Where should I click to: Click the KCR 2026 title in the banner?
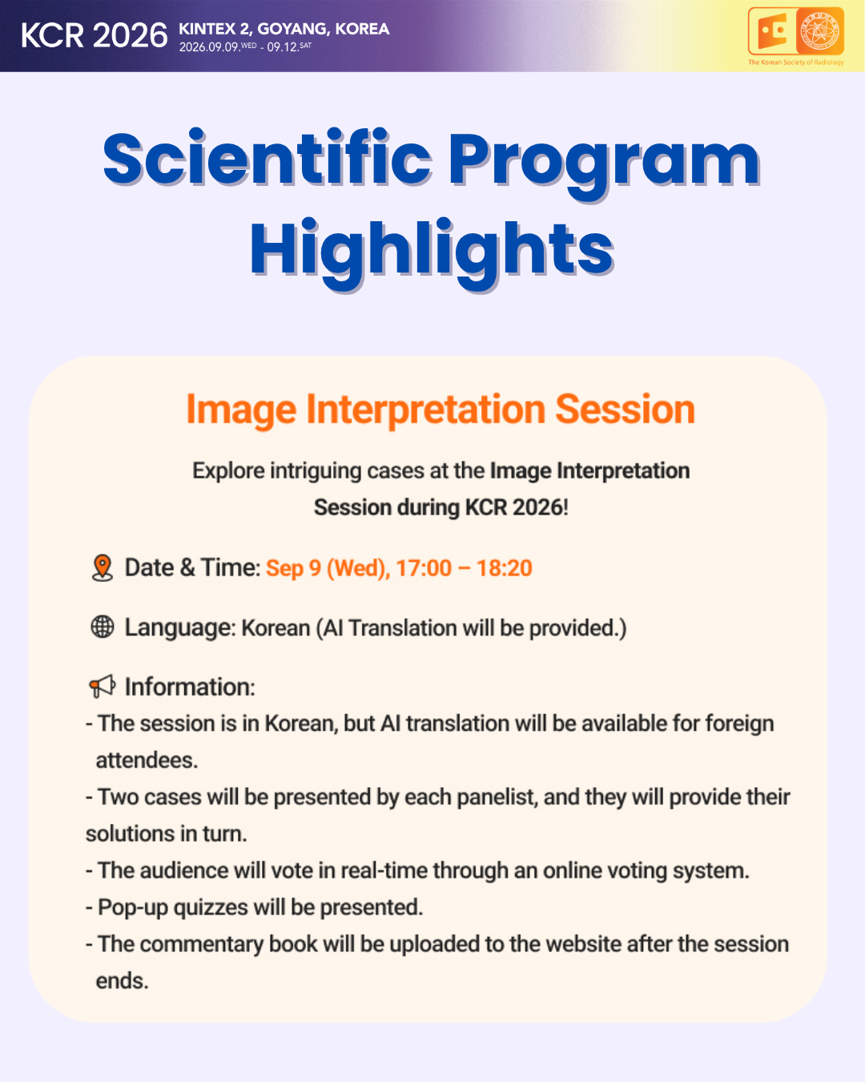coord(94,35)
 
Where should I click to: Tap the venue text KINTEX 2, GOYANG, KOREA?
coord(284,29)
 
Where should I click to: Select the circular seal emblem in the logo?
coord(819,30)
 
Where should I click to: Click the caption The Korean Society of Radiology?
coord(795,63)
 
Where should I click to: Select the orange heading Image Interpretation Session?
coord(441,410)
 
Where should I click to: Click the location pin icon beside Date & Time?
coord(103,567)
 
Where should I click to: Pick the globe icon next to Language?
coord(103,627)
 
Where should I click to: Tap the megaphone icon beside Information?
coord(102,686)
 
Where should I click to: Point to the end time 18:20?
coord(504,568)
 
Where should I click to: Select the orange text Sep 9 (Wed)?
coord(328,569)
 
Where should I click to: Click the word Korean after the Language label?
coord(276,628)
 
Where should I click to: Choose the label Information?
coord(190,687)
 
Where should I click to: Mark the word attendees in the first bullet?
coord(147,761)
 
